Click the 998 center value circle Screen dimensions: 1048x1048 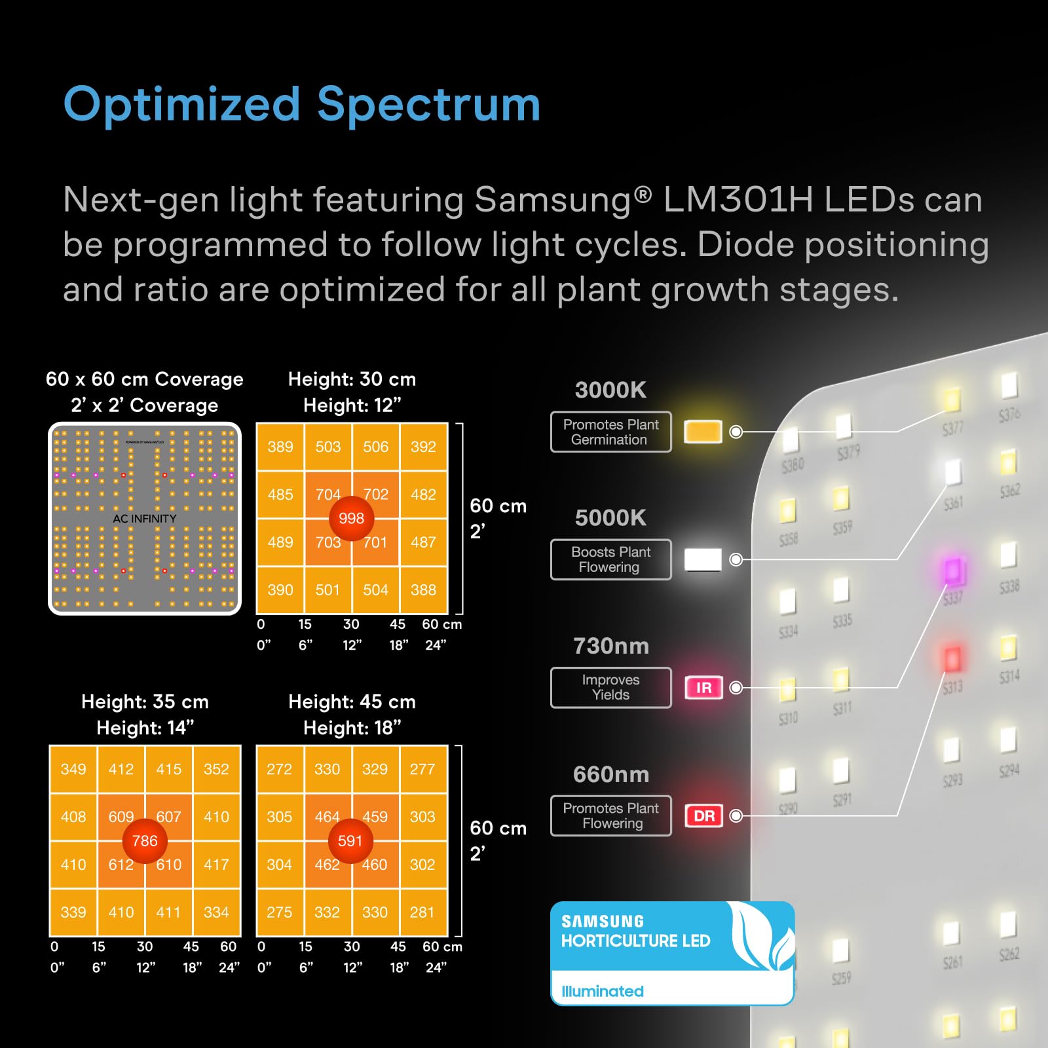[352, 518]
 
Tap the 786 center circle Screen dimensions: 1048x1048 [145, 840]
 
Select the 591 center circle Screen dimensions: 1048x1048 [350, 840]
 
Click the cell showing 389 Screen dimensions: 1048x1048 [280, 447]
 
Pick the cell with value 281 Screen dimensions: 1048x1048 [422, 912]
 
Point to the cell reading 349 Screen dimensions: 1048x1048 [73, 769]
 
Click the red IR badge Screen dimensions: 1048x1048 [703, 688]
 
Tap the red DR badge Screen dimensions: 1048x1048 [704, 815]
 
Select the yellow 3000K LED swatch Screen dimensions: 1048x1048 [703, 432]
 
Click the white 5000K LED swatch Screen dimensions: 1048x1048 [703, 559]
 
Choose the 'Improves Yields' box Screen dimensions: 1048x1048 [611, 688]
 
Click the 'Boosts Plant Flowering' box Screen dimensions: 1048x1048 [611, 559]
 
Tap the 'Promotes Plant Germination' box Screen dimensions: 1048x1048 [611, 432]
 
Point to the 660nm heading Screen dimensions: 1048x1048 [611, 774]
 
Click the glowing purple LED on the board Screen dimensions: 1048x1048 [952, 571]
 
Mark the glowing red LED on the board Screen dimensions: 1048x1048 [952, 658]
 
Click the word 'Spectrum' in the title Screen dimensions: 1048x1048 [429, 105]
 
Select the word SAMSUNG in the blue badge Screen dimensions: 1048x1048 [603, 921]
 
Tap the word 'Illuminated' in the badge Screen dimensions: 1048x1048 [603, 991]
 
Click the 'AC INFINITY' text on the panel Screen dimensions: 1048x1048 [145, 519]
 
